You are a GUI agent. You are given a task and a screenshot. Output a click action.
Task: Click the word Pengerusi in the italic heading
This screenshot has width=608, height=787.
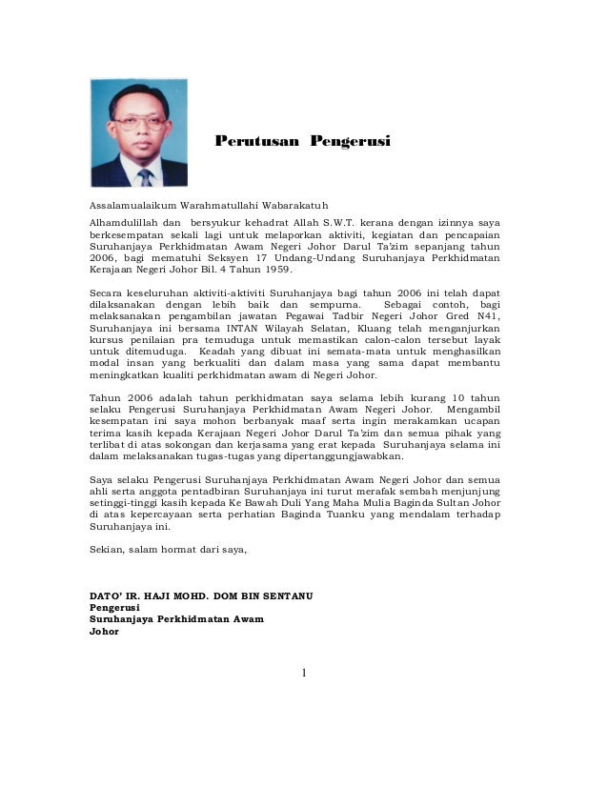tap(350, 142)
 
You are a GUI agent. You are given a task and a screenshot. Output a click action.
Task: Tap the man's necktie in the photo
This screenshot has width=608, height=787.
tap(144, 175)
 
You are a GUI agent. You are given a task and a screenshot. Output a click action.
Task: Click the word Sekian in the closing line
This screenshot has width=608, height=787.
tap(106, 550)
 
